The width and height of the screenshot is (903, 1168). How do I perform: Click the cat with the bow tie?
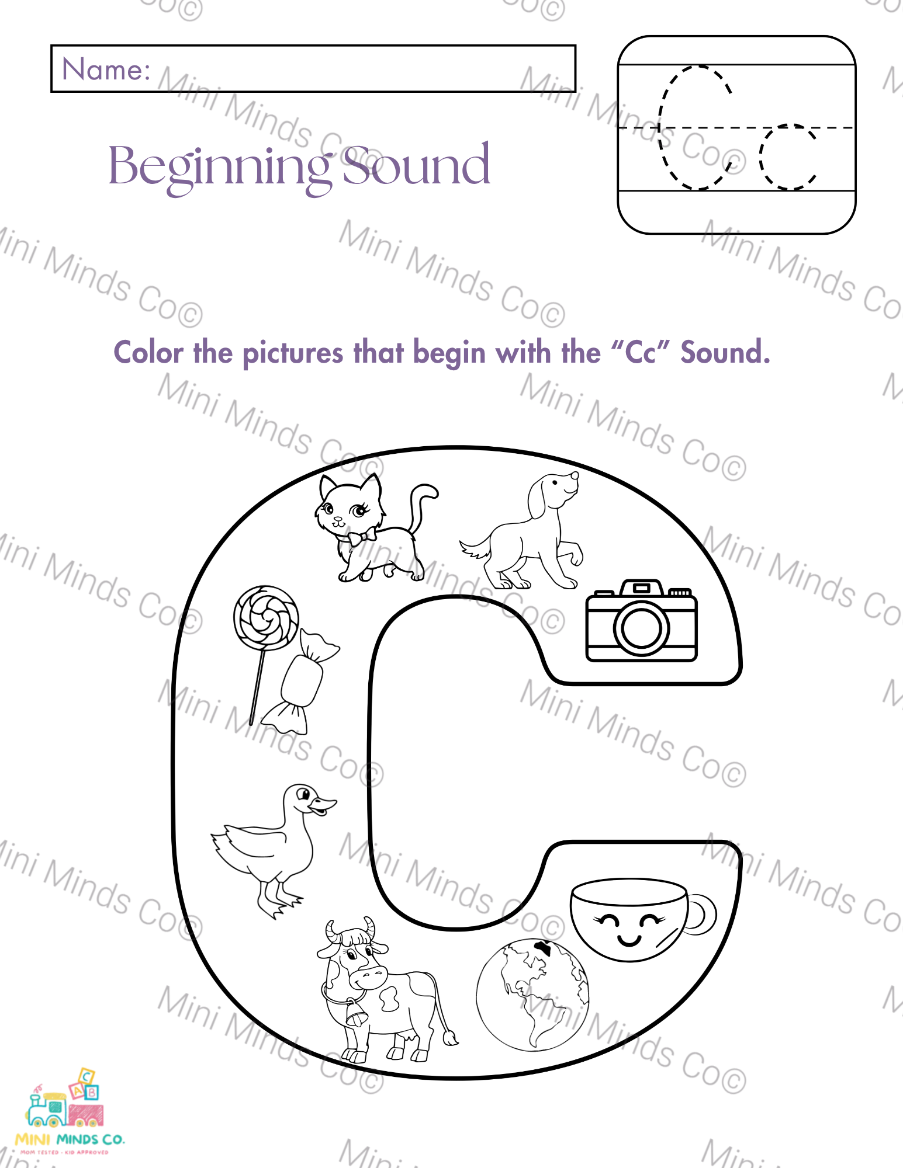point(374,529)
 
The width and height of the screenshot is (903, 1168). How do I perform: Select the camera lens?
point(641,628)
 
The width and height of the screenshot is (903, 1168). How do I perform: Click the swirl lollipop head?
point(266,618)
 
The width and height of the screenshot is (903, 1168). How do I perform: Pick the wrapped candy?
point(300,680)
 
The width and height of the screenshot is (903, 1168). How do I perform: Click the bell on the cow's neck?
point(356,1013)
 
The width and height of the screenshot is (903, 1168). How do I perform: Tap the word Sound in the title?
point(416,165)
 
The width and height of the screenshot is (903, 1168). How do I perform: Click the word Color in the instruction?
point(148,353)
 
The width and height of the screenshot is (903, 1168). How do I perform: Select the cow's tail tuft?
point(450,1038)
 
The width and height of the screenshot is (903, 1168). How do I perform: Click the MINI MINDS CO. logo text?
point(70,1139)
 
